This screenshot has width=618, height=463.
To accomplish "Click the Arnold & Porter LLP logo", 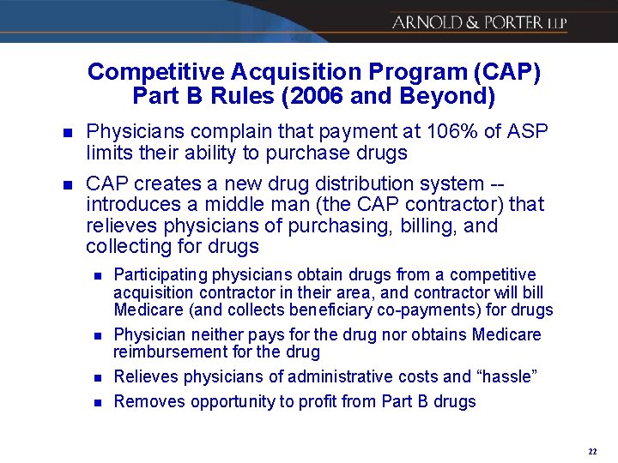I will (x=479, y=22).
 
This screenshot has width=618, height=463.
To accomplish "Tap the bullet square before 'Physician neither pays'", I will (x=98, y=335).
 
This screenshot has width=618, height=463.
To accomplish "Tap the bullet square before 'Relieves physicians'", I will (x=98, y=377).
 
